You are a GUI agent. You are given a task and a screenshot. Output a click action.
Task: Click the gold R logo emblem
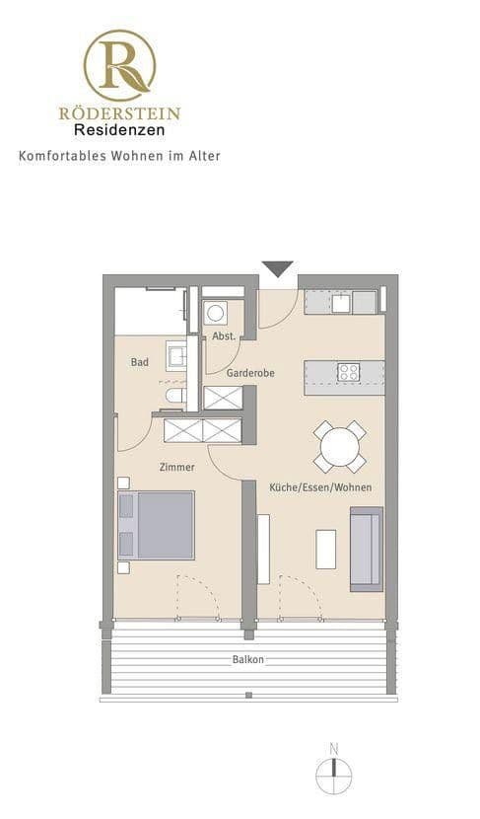(119, 65)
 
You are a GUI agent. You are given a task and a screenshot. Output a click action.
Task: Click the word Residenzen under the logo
(119, 129)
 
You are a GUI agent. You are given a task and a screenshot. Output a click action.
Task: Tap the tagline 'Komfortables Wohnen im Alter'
(119, 156)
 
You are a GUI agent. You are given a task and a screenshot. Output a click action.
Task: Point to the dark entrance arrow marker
(277, 268)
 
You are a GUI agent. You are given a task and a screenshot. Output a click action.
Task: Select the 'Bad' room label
(140, 362)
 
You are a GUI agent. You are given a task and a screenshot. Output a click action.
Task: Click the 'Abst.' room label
(224, 336)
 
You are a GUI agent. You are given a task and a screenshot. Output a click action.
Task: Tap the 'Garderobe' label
(250, 373)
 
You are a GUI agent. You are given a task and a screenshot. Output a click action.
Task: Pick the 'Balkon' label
(248, 659)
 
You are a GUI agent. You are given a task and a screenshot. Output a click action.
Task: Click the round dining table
(339, 447)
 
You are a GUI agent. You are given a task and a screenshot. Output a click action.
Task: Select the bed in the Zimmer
(156, 525)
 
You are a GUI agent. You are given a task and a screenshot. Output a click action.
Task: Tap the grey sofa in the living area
(366, 549)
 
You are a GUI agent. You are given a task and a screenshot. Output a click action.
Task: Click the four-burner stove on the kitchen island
(348, 372)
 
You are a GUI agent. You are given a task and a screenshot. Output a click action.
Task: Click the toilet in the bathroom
(175, 396)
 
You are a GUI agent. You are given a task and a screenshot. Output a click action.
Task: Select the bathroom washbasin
(175, 354)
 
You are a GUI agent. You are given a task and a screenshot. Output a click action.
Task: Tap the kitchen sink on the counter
(341, 302)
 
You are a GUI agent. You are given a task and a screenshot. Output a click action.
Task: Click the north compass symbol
(334, 772)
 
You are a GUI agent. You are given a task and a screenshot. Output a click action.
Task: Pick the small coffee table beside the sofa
(325, 549)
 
